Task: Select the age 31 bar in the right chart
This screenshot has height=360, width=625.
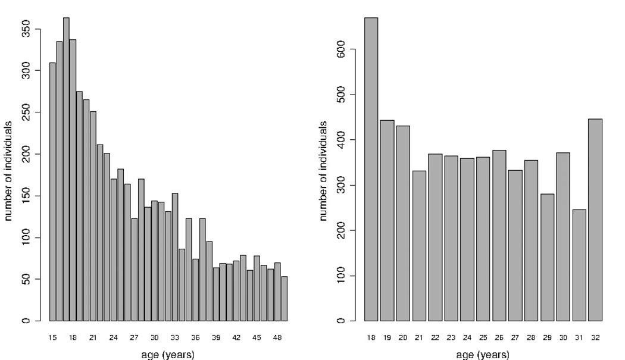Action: pos(579,265)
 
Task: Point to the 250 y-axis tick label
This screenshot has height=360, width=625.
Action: pos(26,112)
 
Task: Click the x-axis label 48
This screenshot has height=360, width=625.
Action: pos(277,337)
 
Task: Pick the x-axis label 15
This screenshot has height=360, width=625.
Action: pos(52,337)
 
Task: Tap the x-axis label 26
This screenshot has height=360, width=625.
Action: pos(499,337)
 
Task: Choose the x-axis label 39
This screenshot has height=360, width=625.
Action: pos(216,337)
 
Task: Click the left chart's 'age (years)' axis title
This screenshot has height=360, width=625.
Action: pos(168,355)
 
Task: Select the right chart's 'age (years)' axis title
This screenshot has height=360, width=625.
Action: pos(483,355)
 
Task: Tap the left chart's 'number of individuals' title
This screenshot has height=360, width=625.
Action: pos(9,171)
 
